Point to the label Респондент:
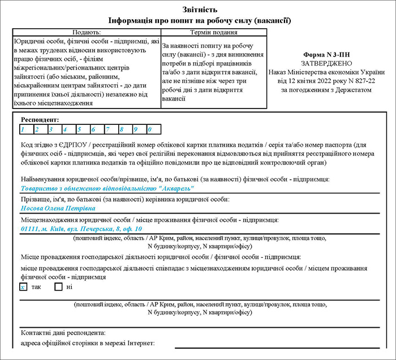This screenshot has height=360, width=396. (x=40, y=120)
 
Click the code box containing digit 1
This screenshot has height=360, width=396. (x=25, y=129)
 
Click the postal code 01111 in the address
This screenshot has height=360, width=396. (x=28, y=229)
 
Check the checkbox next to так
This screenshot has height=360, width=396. (x=23, y=287)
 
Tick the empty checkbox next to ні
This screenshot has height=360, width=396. (x=58, y=287)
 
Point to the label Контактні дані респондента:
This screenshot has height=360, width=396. (x=63, y=332)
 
